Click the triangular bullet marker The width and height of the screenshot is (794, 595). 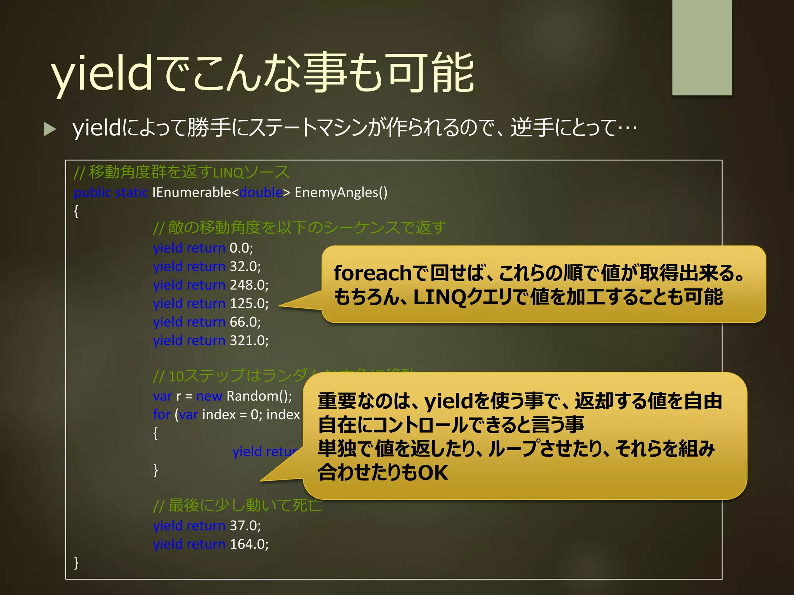click(50, 129)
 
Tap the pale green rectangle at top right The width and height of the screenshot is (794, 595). click(702, 47)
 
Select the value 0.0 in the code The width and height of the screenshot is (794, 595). click(241, 248)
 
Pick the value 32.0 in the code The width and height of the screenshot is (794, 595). click(245, 267)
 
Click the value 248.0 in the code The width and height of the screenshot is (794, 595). click(249, 285)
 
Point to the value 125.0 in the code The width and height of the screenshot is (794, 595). click(249, 304)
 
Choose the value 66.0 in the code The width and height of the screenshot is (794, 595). click(245, 322)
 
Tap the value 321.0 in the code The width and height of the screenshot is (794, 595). click(249, 341)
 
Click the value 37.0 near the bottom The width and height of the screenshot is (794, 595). click(245, 526)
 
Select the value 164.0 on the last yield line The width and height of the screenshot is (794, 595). click(249, 544)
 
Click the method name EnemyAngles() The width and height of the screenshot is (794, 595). click(341, 193)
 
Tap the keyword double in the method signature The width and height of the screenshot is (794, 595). click(261, 193)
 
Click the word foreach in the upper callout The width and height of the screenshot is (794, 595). click(372, 273)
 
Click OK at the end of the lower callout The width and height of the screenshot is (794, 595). click(433, 473)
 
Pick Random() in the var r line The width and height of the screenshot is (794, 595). click(259, 396)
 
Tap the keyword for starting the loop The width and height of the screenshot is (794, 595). click(161, 415)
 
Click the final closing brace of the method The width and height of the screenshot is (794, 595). click(76, 562)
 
